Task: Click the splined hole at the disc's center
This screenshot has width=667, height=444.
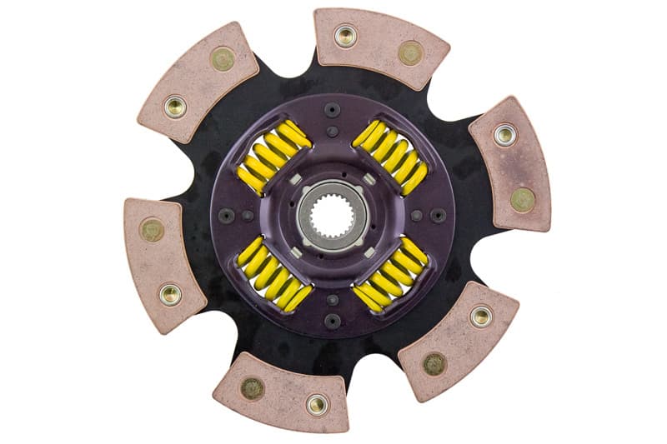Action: [x=332, y=217]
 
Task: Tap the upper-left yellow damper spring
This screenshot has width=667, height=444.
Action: [x=273, y=156]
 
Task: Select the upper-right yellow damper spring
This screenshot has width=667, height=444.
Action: [x=390, y=155]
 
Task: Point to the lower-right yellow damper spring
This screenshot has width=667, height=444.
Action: [x=390, y=275]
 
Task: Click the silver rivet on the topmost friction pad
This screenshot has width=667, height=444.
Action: [x=345, y=36]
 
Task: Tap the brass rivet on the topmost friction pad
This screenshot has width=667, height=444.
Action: [x=409, y=52]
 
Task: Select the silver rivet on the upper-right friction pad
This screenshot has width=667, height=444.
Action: [x=504, y=134]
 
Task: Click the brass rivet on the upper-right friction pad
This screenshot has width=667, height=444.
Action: [x=523, y=199]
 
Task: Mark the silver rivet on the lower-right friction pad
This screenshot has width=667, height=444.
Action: [x=480, y=316]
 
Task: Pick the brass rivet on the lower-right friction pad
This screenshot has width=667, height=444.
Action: [x=434, y=363]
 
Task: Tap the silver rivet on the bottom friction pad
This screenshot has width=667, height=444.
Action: [x=317, y=404]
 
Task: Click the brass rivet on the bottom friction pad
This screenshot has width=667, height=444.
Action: [x=252, y=387]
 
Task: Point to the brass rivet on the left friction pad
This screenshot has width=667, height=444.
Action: [x=152, y=230]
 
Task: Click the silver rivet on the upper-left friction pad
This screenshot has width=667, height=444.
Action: [x=175, y=107]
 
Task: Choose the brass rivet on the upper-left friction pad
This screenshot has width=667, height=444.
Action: [x=222, y=58]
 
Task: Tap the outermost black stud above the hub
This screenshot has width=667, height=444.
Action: [x=333, y=108]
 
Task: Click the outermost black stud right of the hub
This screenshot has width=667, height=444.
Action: [x=439, y=215]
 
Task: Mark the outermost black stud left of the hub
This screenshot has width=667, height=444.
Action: [x=226, y=215]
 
